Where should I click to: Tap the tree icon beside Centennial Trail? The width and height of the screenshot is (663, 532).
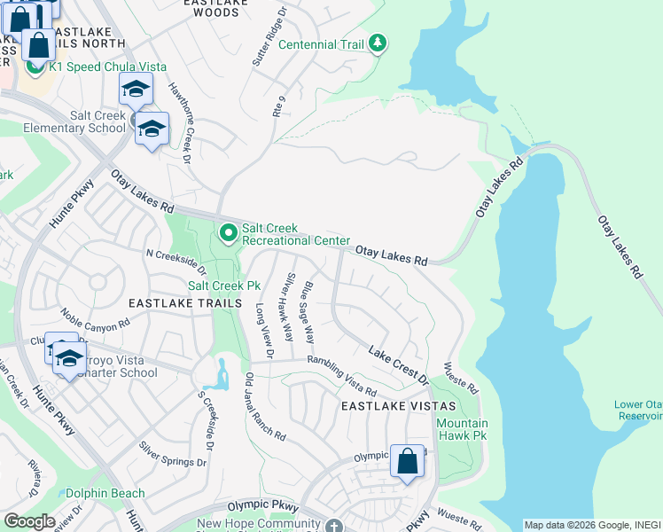pos(378,43)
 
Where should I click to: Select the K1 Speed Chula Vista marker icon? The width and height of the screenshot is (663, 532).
pos(36,66)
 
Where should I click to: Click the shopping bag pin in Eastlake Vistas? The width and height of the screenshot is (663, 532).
pos(407,462)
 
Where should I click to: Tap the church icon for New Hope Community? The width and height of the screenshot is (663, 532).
pos(333,526)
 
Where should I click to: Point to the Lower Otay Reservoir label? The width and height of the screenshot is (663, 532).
pos(638,411)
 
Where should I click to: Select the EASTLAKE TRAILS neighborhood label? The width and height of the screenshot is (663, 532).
pos(185,303)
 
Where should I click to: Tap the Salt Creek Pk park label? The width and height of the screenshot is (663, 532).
pos(223,286)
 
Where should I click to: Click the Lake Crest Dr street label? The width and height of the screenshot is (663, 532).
pos(399,366)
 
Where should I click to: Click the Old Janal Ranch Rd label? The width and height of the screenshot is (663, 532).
pos(264,408)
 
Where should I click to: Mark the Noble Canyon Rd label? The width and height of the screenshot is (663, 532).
pos(89,321)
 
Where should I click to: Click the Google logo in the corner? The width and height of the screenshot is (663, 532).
pos(29,521)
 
